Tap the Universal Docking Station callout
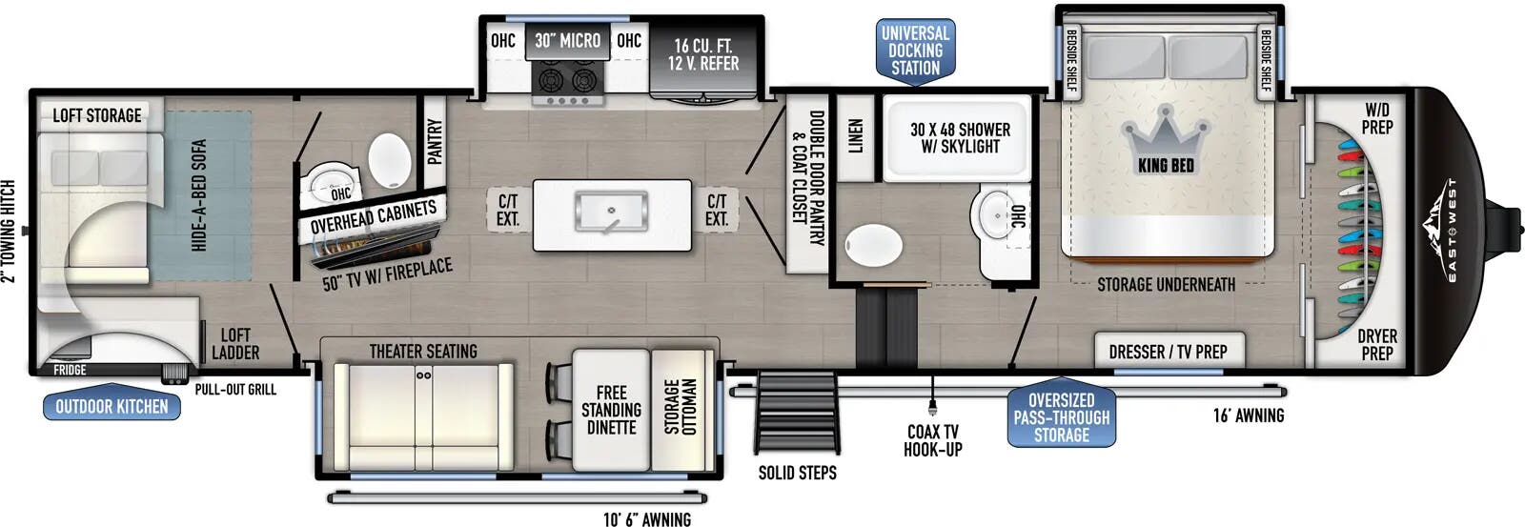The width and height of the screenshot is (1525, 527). [915, 51]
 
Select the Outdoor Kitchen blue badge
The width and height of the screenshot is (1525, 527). [112, 407]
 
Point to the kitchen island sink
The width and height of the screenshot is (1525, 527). [611, 212]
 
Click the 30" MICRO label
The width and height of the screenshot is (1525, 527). [567, 41]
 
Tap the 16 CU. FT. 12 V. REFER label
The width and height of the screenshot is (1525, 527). [703, 54]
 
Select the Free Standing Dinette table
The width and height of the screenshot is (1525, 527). [611, 410]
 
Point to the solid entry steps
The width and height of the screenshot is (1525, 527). [797, 414]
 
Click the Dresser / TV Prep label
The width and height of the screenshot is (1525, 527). [1168, 352]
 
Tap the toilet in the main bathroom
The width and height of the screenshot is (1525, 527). [873, 245]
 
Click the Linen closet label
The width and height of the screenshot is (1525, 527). [856, 135]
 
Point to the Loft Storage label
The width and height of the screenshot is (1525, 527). [97, 115]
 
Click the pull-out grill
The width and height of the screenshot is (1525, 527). [174, 375]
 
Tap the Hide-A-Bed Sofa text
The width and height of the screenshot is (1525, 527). [199, 195]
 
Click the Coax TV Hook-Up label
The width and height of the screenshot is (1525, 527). [933, 440]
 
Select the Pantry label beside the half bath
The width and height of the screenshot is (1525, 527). [435, 142]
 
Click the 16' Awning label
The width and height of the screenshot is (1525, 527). [1248, 416]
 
